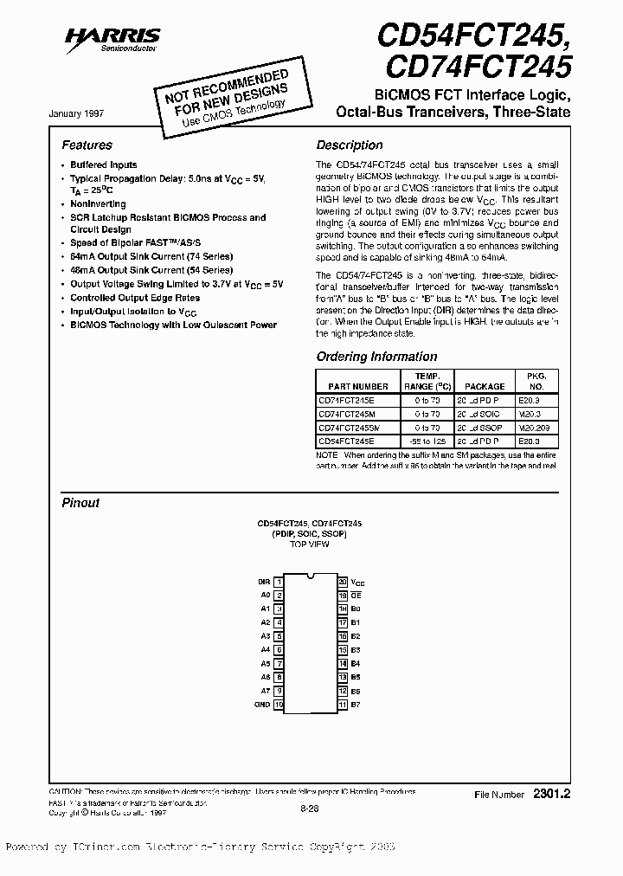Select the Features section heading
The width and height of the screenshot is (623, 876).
87,145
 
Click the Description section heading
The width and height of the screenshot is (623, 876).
349,145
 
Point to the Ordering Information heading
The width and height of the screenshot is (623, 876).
376,357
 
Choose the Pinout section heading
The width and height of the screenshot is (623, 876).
80,503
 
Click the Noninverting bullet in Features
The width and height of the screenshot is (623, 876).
98,204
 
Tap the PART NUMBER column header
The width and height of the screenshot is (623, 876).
352,386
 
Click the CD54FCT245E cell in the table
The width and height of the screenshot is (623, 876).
346,441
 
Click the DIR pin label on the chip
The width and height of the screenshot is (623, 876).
264,582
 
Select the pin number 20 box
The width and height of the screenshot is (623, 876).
343,582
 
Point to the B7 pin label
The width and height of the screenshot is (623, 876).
356,704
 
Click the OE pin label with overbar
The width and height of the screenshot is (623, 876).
356,596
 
